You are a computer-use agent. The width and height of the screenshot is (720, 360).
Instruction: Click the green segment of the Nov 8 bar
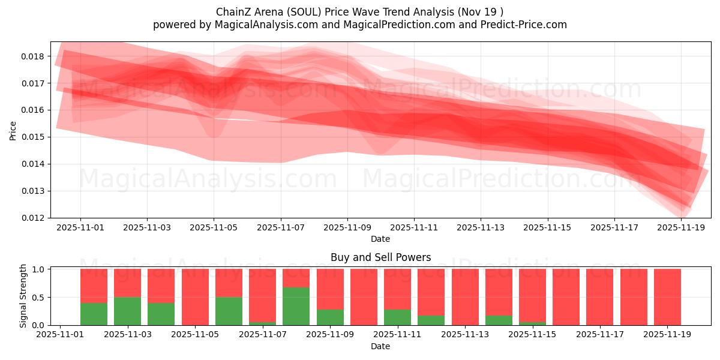click(296, 306)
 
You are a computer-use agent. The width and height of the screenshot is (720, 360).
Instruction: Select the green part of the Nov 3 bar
click(127, 311)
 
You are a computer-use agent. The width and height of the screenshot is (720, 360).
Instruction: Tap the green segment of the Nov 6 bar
click(229, 311)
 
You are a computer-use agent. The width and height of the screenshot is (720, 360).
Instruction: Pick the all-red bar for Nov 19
click(667, 297)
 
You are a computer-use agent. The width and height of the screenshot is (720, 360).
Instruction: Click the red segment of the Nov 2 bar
click(94, 286)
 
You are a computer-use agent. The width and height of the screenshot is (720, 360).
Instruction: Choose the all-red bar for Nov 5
click(195, 297)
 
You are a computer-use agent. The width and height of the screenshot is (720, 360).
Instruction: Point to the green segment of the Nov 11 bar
click(397, 317)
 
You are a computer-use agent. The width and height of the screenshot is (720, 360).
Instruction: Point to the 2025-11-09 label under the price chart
click(347, 228)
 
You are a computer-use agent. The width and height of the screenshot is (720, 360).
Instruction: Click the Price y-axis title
click(13, 130)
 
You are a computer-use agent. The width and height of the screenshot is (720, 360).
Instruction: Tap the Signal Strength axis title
click(23, 296)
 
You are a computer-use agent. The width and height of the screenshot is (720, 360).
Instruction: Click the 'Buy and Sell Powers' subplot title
click(380, 257)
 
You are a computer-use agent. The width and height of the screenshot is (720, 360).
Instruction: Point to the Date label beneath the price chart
click(380, 239)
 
